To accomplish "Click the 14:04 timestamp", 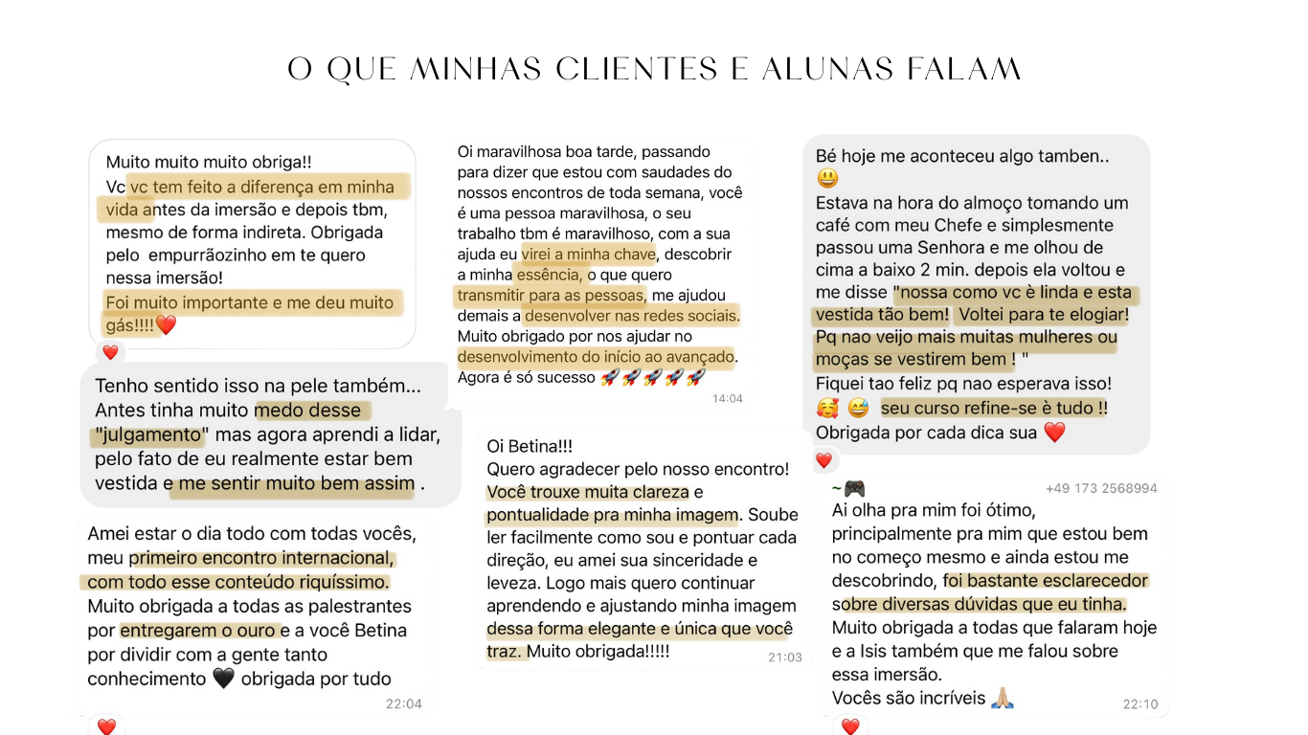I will point(727,398).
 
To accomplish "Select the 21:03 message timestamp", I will point(784,657).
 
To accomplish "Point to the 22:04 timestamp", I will point(403,703).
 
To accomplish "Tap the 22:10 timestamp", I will point(1139,703).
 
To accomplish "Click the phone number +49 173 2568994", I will point(1101,488).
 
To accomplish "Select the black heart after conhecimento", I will point(223,679).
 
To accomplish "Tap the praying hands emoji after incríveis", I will point(1002,698).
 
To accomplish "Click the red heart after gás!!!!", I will point(167,325).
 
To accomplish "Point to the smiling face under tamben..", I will point(827,178).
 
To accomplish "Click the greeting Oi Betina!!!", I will point(530,446).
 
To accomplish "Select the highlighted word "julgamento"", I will point(150,435).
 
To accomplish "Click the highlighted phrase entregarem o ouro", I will point(198,630).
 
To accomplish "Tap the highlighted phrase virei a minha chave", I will point(589,254).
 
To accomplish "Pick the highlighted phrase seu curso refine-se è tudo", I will point(993,408).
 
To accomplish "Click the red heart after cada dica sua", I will point(1053,433).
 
